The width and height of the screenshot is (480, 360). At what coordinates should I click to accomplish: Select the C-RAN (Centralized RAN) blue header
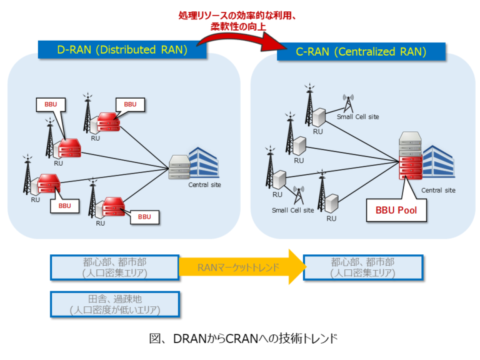coord(361,52)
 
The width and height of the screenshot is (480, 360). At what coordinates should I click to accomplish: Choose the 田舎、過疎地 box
coord(115,304)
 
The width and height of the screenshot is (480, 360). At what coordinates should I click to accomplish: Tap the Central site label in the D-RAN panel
coord(204,184)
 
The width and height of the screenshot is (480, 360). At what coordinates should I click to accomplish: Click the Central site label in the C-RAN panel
coord(437,190)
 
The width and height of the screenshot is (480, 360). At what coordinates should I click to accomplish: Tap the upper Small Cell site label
coord(357,116)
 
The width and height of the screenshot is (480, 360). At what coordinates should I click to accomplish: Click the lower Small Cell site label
coord(292,210)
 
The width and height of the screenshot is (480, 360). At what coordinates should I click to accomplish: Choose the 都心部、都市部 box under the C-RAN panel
coord(362,267)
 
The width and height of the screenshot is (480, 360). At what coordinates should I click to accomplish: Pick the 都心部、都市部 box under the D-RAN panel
coord(115,267)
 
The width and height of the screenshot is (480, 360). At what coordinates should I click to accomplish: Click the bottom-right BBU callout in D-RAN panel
coord(144,217)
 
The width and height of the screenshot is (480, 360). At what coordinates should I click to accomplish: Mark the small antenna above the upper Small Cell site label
coord(348,102)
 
